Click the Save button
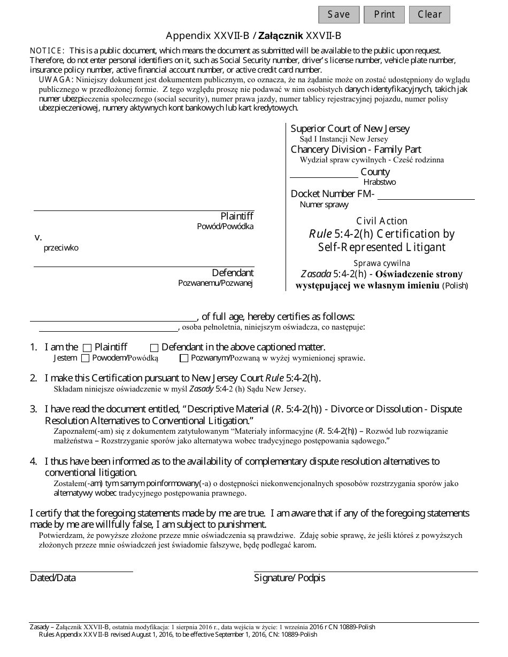[338, 14]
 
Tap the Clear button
[429, 14]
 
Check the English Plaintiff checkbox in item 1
[88, 348]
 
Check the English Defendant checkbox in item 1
[155, 348]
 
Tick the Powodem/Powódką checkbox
[86, 358]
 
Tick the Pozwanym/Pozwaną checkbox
[184, 358]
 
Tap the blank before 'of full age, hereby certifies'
[113, 317]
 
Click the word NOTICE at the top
[47, 50]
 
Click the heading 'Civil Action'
[381, 221]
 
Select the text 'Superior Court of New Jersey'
[350, 129]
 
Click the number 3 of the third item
[33, 409]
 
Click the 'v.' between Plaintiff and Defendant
[38, 237]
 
